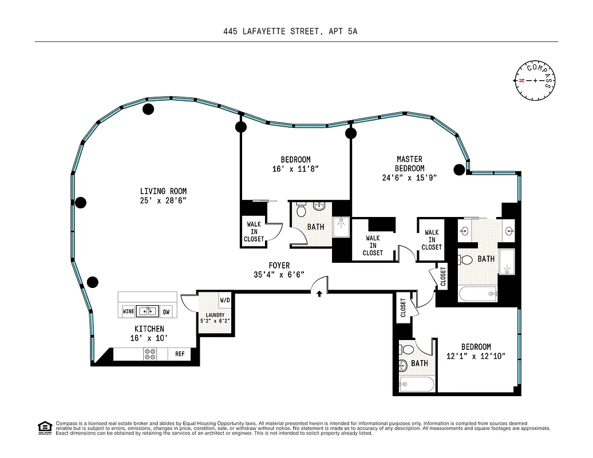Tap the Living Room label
(163, 191)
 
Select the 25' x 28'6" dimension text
(163, 200)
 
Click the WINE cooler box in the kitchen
(128, 311)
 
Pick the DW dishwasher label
(167, 311)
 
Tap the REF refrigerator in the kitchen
(180, 354)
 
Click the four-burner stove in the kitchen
(151, 354)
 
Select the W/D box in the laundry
(225, 300)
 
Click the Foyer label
(280, 266)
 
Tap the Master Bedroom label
(410, 164)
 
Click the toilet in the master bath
(467, 260)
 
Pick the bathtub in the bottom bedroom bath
(417, 385)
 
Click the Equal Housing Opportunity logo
(44, 428)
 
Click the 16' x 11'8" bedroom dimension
(295, 169)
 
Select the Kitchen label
(149, 329)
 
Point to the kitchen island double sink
(148, 311)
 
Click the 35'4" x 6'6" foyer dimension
(280, 275)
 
